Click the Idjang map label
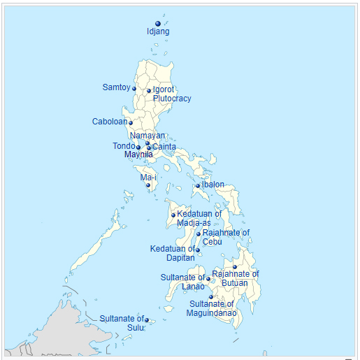coord(158,31)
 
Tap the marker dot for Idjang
coord(158,24)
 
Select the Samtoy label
coord(116,87)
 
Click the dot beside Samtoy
coord(134,89)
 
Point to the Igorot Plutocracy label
coord(168,94)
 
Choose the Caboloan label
coord(109,122)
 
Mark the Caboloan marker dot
coord(131,123)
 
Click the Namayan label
coord(147,136)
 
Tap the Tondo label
coord(123,146)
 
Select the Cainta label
coord(165,147)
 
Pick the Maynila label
coord(138,154)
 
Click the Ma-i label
coord(148,178)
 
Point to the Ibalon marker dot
coord(199,186)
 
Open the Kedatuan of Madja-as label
coord(199,218)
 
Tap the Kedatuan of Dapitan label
coord(172,253)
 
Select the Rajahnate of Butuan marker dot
coord(235,267)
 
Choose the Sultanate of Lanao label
coord(182,282)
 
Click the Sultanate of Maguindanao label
coord(213,308)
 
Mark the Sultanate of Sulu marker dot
coord(147,320)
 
